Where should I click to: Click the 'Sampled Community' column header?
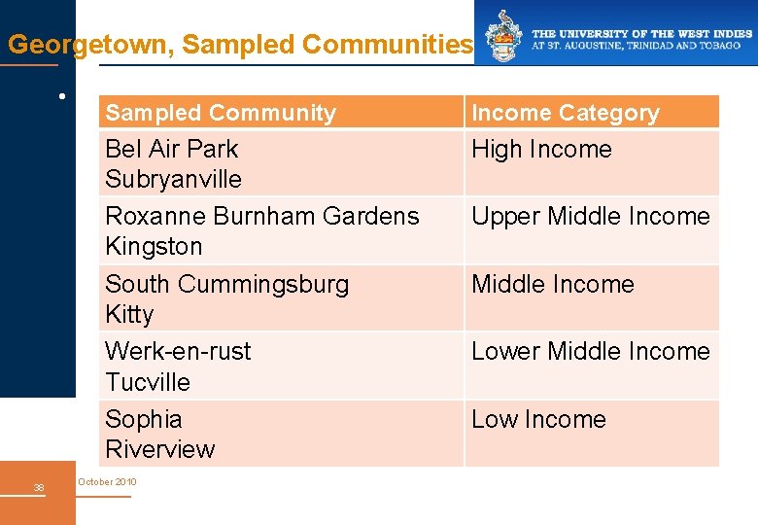pyautogui.click(x=221, y=113)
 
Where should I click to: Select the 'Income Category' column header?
pyautogui.click(x=565, y=113)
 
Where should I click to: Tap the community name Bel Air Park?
pyautogui.click(x=171, y=149)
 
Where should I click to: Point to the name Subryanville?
pyautogui.click(x=173, y=179)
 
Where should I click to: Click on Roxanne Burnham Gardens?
pyautogui.click(x=261, y=216)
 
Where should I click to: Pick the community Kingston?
pyautogui.click(x=154, y=246)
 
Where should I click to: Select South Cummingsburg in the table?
pyautogui.click(x=226, y=284)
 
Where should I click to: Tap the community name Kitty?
pyautogui.click(x=129, y=314)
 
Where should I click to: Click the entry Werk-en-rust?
pyautogui.click(x=178, y=351)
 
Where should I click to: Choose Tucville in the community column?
pyautogui.click(x=148, y=382)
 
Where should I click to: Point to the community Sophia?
pyautogui.click(x=144, y=419)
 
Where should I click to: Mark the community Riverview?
pyautogui.click(x=159, y=449)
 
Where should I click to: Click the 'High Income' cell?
pyautogui.click(x=541, y=149)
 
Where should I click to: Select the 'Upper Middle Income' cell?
pyautogui.click(x=591, y=216)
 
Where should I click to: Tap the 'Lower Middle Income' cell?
pyautogui.click(x=591, y=351)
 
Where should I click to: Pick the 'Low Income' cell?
pyautogui.click(x=538, y=419)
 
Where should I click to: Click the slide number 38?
pyautogui.click(x=38, y=487)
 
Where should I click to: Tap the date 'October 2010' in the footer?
pyautogui.click(x=107, y=482)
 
